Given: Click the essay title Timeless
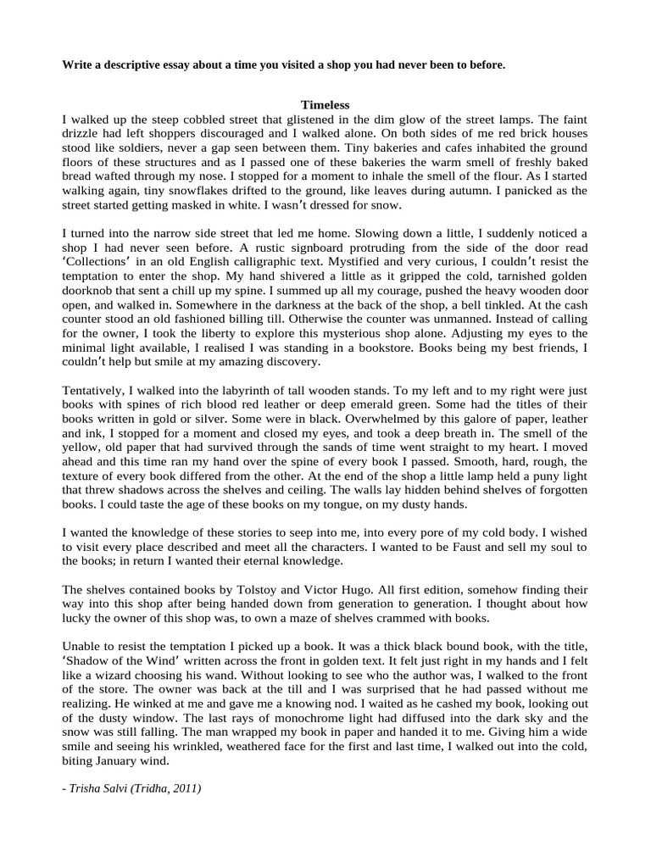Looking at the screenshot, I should [325, 105].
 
